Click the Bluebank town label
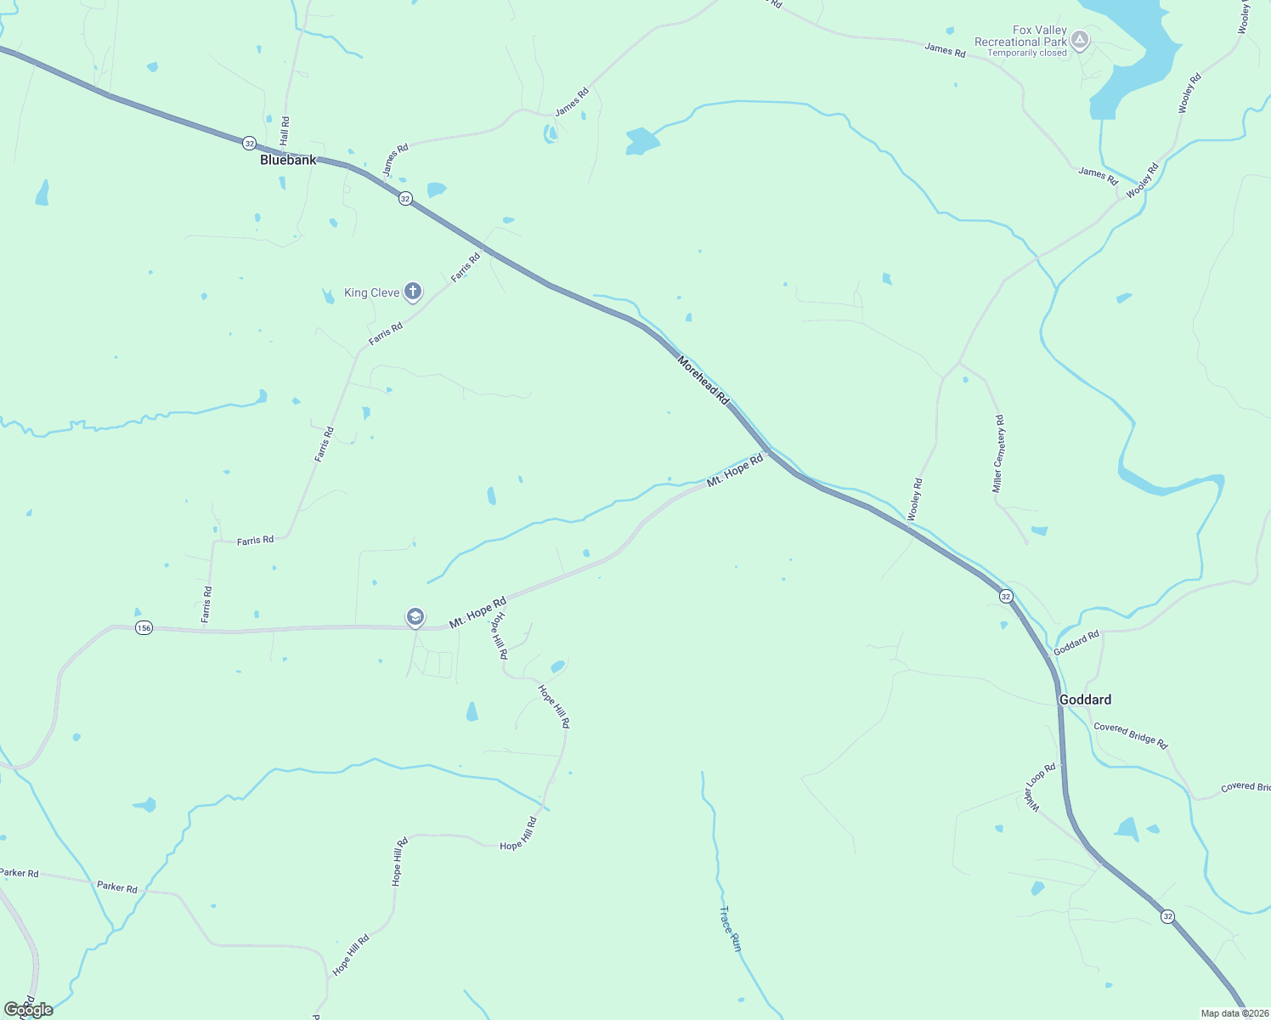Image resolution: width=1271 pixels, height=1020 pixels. [x=288, y=160]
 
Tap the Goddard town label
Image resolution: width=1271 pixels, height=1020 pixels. [x=1085, y=700]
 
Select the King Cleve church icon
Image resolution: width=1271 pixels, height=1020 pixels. [x=412, y=292]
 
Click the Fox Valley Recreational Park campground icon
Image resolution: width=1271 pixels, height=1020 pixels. [x=1080, y=39]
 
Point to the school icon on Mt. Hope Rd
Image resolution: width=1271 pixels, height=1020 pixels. [x=415, y=617]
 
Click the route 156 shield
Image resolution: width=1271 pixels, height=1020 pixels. [x=144, y=628]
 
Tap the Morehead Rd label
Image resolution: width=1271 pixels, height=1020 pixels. [x=703, y=380]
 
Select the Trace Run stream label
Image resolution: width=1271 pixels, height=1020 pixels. [x=731, y=928]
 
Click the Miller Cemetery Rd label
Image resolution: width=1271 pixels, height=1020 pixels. [x=998, y=454]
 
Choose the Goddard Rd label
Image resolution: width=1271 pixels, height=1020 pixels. [x=1076, y=643]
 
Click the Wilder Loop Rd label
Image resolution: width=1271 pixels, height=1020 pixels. [x=1039, y=786]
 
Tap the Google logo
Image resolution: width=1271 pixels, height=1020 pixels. [x=28, y=1010]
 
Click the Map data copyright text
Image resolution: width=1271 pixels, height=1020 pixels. [x=1234, y=1013]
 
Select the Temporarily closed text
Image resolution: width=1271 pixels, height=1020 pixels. [x=1026, y=53]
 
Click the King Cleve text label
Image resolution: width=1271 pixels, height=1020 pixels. [x=371, y=292]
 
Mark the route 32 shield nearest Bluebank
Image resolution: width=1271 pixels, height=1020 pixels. [x=249, y=143]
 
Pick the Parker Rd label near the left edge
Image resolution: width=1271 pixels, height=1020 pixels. [x=19, y=873]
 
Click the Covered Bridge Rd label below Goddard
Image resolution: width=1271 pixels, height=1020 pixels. [x=1131, y=735]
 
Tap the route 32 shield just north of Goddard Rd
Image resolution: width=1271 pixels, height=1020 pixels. [x=1006, y=597]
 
